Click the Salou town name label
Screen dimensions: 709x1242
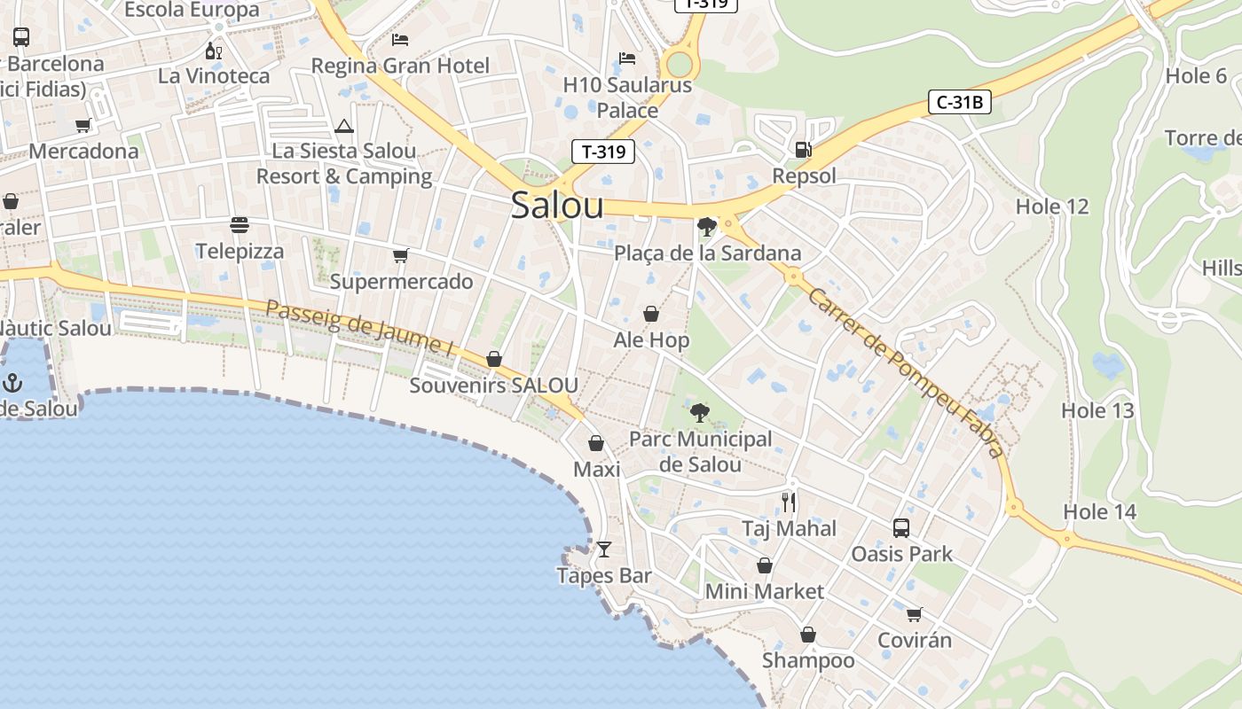click(x=557, y=206)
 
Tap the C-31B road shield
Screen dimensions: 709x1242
click(x=960, y=103)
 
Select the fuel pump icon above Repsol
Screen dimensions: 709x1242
click(x=803, y=150)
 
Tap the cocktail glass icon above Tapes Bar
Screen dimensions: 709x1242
click(x=604, y=549)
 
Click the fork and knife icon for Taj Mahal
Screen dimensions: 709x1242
click(x=789, y=503)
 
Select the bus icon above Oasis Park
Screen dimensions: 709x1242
click(x=901, y=528)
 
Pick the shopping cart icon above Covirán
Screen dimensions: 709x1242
click(x=914, y=614)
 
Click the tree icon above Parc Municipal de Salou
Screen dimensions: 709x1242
click(x=700, y=412)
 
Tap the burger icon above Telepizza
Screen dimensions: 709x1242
click(x=240, y=225)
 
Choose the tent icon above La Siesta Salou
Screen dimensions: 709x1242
click(x=344, y=126)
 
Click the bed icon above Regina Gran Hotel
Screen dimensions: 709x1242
click(x=400, y=40)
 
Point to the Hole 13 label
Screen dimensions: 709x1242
click(x=1097, y=410)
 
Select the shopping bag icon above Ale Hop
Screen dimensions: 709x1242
click(x=651, y=314)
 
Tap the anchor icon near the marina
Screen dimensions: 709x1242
click(x=12, y=383)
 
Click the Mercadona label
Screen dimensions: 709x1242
click(x=83, y=152)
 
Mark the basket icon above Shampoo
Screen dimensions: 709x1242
click(x=807, y=635)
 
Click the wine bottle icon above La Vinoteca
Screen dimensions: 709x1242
click(x=213, y=51)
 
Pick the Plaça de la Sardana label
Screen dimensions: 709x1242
click(x=707, y=253)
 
